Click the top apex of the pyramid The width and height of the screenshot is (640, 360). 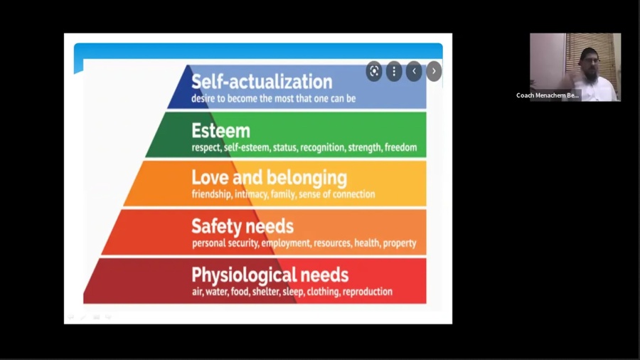pyautogui.click(x=188, y=65)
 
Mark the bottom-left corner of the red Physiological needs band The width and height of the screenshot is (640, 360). pyautogui.click(x=83, y=304)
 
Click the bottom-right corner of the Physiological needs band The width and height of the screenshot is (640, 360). pyautogui.click(x=427, y=304)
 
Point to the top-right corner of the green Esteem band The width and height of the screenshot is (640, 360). pyautogui.click(x=427, y=112)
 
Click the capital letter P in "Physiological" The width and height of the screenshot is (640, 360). pyautogui.click(x=197, y=275)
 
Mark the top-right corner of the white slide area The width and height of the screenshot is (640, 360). pyautogui.click(x=452, y=33)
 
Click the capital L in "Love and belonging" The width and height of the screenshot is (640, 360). pyautogui.click(x=196, y=178)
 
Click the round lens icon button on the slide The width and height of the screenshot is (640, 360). pyautogui.click(x=374, y=71)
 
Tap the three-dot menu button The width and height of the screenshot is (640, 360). pyautogui.click(x=394, y=71)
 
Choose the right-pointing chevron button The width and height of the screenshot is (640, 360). pyautogui.click(x=434, y=71)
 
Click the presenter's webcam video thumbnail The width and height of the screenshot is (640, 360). pyautogui.click(x=575, y=68)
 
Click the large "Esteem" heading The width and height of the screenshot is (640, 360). pyautogui.click(x=221, y=131)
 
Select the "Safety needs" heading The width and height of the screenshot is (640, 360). pyautogui.click(x=242, y=226)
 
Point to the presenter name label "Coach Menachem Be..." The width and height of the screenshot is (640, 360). pyautogui.click(x=548, y=95)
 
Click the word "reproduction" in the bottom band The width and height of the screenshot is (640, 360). pyautogui.click(x=368, y=292)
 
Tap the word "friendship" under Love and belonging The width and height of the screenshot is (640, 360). pyautogui.click(x=211, y=194)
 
